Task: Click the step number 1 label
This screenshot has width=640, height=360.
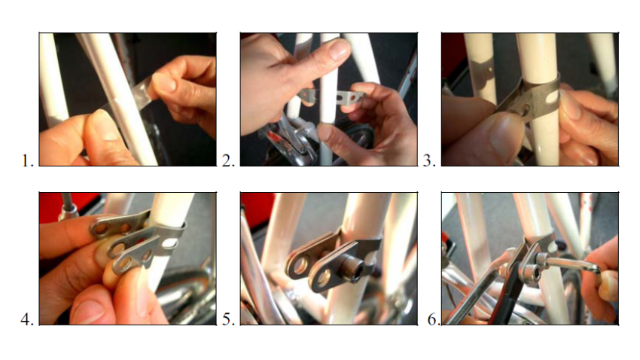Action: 27,160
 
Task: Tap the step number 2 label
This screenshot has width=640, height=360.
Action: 228,160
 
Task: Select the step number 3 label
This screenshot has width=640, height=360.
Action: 429,160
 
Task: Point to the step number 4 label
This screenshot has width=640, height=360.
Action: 27,319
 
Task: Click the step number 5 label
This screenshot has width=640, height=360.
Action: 228,319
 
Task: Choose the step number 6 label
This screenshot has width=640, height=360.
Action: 433,319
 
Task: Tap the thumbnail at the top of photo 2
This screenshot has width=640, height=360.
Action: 339,49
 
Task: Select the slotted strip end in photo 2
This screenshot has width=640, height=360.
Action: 350,98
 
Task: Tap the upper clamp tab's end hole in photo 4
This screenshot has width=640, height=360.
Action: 101,228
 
